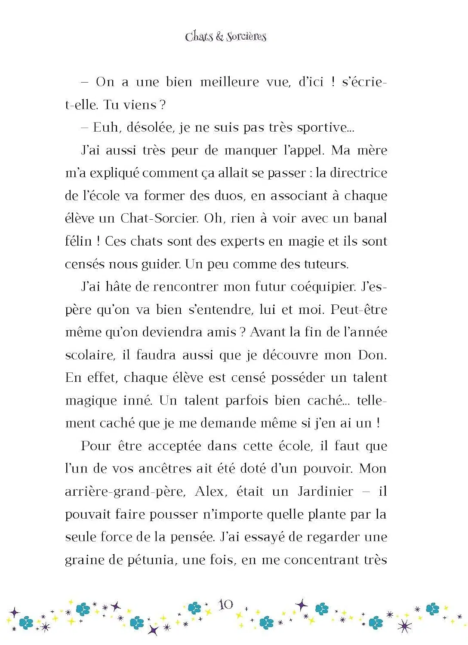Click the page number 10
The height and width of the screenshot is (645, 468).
(x=226, y=605)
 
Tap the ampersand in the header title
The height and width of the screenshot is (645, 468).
(x=220, y=37)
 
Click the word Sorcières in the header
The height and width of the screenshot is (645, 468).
(x=246, y=37)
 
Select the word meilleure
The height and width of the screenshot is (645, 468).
(x=230, y=82)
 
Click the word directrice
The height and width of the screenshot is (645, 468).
(x=358, y=173)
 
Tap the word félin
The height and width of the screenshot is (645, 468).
(x=78, y=241)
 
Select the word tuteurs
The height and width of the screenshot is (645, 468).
(x=326, y=264)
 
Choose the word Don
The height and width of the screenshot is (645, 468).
(x=372, y=355)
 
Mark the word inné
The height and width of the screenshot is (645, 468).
(x=137, y=401)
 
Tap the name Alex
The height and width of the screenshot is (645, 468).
(x=210, y=491)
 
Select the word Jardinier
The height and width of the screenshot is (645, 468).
(x=326, y=491)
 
